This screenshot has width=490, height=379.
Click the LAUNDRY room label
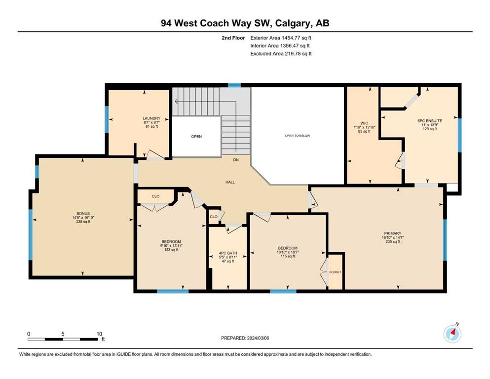151,118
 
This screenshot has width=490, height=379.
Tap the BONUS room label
83,214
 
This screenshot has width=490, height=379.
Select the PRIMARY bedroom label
393,233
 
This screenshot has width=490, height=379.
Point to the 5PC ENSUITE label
430,120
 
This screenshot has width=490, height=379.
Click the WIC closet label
364,123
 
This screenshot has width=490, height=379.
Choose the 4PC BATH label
228,253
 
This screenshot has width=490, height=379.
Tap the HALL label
230,182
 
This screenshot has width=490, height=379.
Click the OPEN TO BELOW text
298,136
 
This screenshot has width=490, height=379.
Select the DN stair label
236,160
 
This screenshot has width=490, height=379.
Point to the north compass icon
452,334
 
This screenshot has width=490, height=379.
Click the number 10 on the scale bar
99,334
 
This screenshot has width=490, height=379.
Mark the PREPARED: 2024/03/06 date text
245,338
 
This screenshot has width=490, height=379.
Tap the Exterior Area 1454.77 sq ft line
281,38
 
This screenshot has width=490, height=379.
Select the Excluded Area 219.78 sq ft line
281,53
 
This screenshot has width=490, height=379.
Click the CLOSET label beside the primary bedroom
336,272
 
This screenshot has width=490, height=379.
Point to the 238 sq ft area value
83,222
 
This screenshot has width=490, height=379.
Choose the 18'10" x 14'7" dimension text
393,237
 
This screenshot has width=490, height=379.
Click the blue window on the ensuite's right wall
460,135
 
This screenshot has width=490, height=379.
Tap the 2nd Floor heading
233,38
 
